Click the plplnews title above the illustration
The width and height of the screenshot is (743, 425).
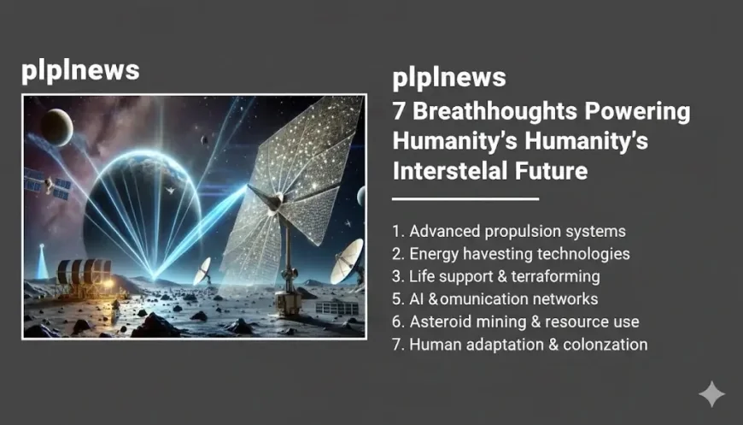[x=80, y=70]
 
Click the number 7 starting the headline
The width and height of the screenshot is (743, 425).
[x=399, y=112]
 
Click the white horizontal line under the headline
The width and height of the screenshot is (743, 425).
[x=465, y=198]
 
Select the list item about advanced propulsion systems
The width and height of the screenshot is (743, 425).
[x=509, y=231]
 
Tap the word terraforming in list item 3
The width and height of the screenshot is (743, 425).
[x=559, y=276]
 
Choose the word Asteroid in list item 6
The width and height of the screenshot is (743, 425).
[x=439, y=322]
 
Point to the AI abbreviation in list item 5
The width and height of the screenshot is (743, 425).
[x=418, y=299]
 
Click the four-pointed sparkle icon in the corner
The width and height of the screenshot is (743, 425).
[x=711, y=394]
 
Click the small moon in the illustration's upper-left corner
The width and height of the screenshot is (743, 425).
[x=57, y=127]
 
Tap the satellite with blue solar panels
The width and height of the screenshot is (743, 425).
[x=46, y=183]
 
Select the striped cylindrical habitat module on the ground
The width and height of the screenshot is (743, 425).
[x=84, y=274]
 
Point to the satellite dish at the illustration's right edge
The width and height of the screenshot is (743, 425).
[x=348, y=260]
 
